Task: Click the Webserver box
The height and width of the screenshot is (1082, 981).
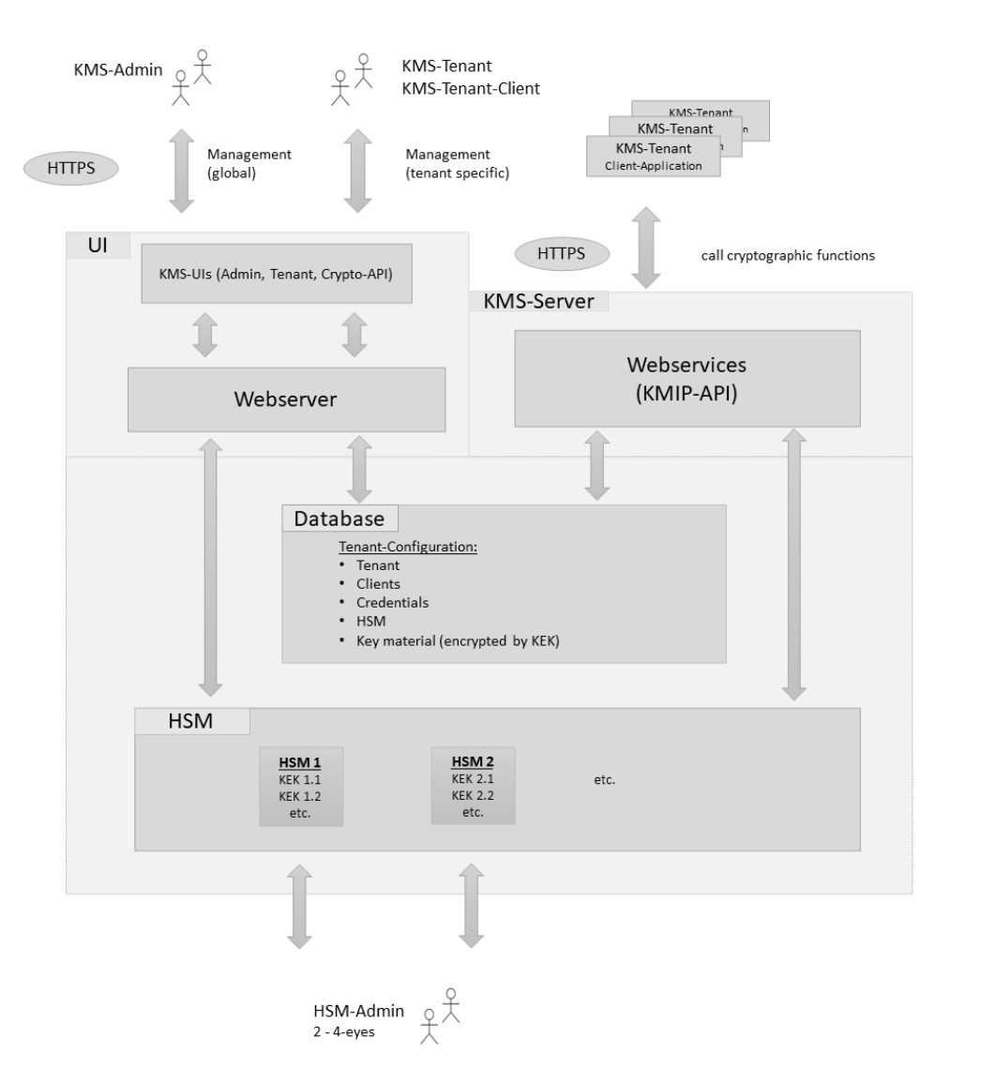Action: click(x=286, y=399)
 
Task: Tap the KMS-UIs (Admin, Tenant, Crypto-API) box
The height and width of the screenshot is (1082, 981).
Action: click(x=277, y=273)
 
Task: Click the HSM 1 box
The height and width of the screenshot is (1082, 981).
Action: click(x=300, y=786)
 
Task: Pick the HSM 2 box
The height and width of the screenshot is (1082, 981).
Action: click(x=473, y=785)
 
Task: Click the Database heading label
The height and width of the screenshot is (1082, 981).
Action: click(x=340, y=518)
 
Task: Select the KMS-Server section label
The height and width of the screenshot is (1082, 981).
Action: click(x=538, y=301)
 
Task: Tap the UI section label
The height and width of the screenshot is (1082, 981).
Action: click(x=98, y=245)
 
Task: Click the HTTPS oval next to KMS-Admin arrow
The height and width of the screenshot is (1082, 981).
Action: click(x=70, y=169)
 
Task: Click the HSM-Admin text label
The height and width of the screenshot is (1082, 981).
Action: click(x=359, y=1011)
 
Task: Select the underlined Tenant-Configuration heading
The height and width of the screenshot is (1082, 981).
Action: click(x=408, y=546)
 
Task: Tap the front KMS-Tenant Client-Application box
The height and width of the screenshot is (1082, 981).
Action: click(x=653, y=157)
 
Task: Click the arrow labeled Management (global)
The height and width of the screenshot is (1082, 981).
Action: click(x=181, y=172)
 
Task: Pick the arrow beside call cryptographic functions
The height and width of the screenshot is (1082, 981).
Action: click(x=645, y=248)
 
